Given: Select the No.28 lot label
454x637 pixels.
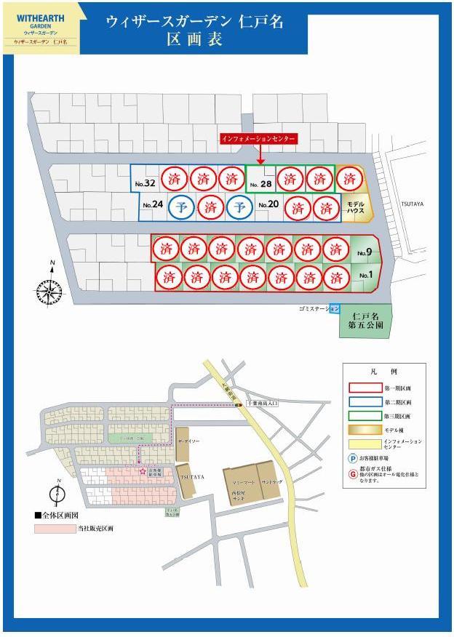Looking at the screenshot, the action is (260, 185).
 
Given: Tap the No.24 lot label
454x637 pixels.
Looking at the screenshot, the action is (153, 204).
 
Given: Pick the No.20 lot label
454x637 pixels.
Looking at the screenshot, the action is (267, 204).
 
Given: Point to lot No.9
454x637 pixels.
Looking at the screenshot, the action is (365, 252).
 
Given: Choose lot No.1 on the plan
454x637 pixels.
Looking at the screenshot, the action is (365, 276).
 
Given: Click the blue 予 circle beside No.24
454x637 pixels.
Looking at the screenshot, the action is (181, 207).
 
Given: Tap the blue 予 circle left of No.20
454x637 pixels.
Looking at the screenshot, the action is (239, 207).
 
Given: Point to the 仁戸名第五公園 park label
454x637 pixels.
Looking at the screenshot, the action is (366, 321).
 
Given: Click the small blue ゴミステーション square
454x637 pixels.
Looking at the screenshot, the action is (334, 309).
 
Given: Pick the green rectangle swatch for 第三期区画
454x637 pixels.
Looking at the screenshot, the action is (361, 415).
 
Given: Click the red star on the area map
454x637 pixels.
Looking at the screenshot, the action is (142, 471).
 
